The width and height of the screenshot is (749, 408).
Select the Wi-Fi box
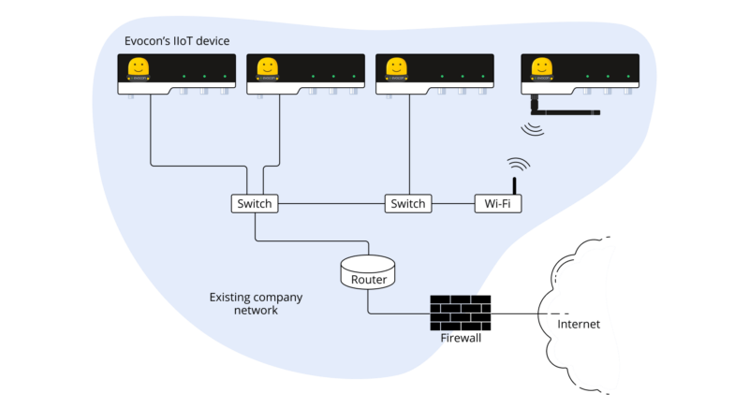[x=498, y=203]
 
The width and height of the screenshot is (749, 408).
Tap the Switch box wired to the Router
[x=254, y=203]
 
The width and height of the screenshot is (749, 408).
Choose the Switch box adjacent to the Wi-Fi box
[x=407, y=203]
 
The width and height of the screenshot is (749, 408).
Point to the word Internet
[x=578, y=325]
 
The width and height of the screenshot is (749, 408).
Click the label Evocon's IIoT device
[x=177, y=42]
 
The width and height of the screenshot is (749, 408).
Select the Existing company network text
[x=255, y=303]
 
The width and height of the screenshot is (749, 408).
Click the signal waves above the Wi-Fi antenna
[x=519, y=164]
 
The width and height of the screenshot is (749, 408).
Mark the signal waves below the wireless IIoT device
[x=534, y=127]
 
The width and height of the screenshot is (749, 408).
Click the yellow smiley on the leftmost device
[x=138, y=67]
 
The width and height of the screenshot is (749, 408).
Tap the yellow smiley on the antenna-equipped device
[x=540, y=67]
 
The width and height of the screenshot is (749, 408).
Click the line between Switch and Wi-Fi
[x=452, y=203]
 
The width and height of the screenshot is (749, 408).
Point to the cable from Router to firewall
[x=393, y=312]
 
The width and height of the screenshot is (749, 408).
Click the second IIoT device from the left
[x=305, y=74]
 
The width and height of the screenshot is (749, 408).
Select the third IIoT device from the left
[x=434, y=74]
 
